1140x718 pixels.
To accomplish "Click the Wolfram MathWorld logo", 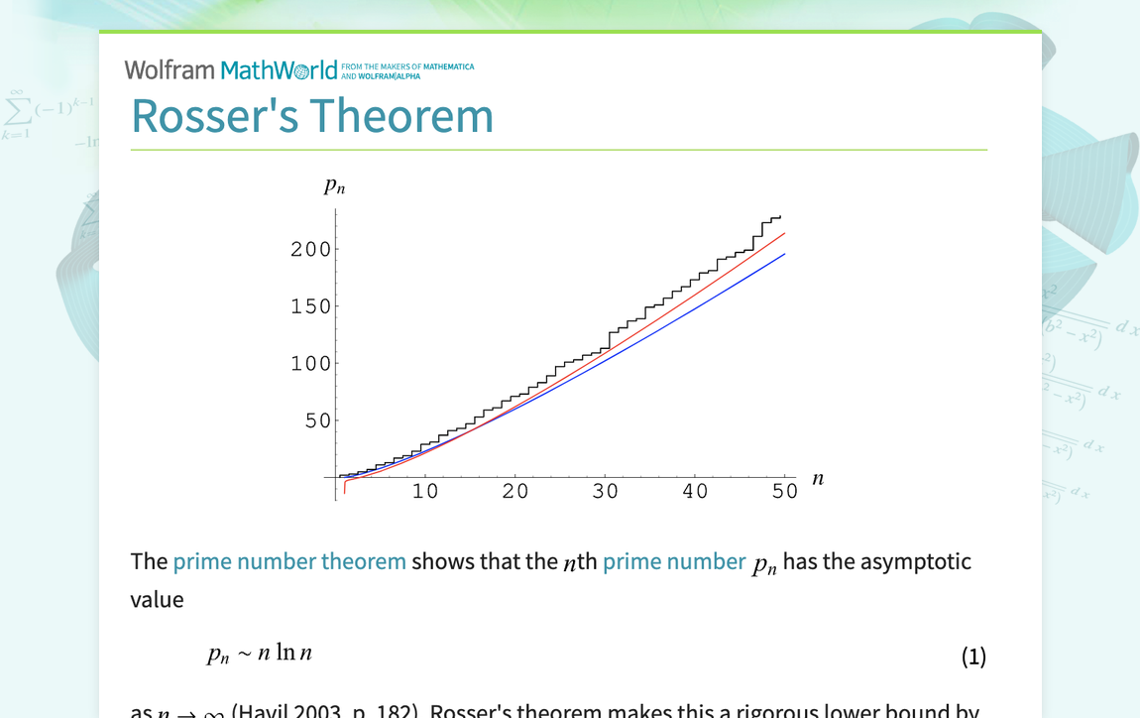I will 231,69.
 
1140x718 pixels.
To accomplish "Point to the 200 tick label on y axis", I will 310,250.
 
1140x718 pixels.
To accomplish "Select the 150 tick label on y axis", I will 310,307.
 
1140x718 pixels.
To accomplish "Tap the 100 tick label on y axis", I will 310,364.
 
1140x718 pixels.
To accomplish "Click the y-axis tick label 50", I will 317,421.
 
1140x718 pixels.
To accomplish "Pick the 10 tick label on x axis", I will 425,492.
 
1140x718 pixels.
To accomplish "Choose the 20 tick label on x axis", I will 515,492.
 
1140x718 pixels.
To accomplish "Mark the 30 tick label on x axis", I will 605,492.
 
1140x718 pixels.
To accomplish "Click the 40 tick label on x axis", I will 695,492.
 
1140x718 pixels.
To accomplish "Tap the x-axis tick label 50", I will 785,492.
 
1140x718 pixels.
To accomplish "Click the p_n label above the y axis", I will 334,185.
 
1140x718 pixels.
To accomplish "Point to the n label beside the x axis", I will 818,479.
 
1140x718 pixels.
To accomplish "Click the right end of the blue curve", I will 784,254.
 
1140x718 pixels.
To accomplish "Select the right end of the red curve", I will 784,234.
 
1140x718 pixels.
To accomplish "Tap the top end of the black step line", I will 780,216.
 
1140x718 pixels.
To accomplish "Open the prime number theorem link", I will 289,561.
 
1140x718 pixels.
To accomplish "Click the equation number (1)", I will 973,657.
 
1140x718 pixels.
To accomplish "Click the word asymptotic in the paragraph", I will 915,561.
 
